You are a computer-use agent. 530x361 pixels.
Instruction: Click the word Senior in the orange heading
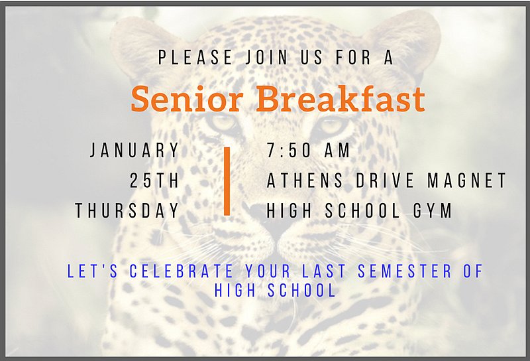click(187, 99)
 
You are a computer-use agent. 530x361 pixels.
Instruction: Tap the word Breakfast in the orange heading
click(341, 98)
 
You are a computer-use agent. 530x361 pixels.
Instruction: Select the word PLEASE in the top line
click(195, 57)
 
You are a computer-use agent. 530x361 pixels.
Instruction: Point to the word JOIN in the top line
click(266, 57)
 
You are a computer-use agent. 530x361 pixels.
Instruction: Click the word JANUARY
click(134, 150)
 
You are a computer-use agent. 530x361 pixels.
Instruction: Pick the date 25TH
click(154, 180)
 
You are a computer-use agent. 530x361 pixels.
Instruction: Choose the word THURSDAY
click(127, 210)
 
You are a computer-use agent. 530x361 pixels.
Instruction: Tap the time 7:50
click(289, 150)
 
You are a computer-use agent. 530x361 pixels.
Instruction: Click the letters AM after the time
click(337, 150)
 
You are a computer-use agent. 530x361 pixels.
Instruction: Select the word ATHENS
click(305, 180)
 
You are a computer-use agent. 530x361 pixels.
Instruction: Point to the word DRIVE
click(385, 180)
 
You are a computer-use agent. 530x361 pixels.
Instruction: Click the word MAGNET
click(467, 180)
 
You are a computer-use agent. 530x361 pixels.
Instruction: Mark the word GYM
click(433, 210)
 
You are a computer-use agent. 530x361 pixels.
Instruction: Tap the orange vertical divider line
click(227, 181)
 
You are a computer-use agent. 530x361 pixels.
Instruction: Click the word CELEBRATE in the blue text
click(182, 271)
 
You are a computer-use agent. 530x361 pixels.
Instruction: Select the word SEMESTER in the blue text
click(405, 271)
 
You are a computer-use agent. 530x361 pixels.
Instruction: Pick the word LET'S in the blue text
click(93, 271)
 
